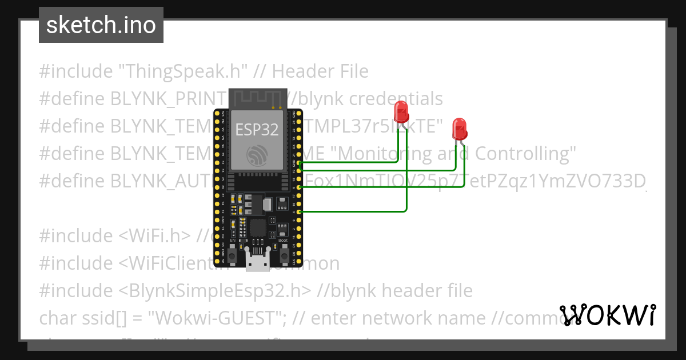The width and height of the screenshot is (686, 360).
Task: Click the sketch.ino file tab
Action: pyautogui.click(x=101, y=25)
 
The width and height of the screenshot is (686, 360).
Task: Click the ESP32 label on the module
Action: pyautogui.click(x=257, y=129)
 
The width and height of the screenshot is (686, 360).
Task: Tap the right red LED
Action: pyautogui.click(x=459, y=128)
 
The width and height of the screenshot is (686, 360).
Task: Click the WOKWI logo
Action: pyautogui.click(x=608, y=315)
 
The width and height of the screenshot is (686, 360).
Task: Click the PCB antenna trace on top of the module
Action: pyautogui.click(x=257, y=98)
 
